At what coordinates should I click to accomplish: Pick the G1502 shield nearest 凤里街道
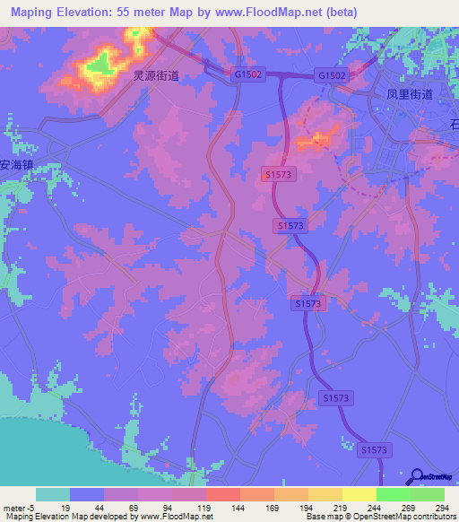coord(331,76)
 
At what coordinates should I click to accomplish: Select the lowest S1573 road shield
coord(377,448)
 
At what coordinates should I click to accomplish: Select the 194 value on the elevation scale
coord(307,508)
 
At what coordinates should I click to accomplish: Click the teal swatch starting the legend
coord(53,494)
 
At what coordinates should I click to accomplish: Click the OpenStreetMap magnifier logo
coord(415,476)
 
